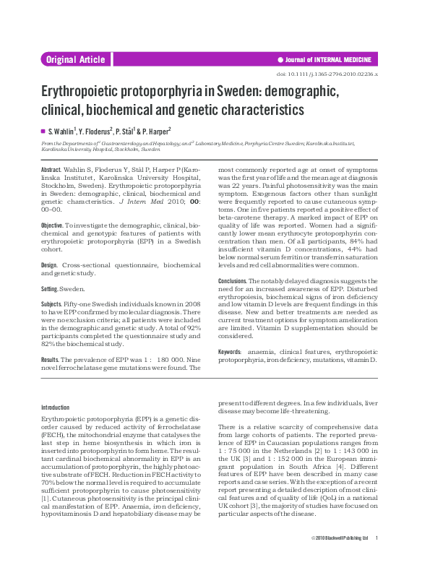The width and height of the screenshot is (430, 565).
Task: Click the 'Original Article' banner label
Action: click(x=75, y=60)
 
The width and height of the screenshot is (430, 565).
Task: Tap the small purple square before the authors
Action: click(x=43, y=131)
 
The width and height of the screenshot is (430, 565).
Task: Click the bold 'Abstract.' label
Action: click(x=52, y=168)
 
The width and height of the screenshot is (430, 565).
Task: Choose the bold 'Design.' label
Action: click(x=51, y=265)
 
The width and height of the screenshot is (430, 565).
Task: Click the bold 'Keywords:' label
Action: click(x=231, y=350)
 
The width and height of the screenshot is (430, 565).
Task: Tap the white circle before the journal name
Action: click(x=280, y=60)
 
